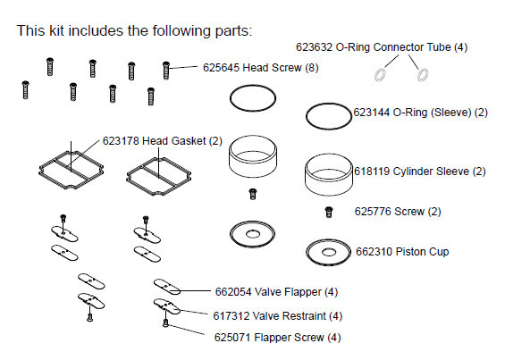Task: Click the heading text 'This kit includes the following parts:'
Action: pyautogui.click(x=134, y=30)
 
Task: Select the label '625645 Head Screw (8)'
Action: pyautogui.click(x=258, y=67)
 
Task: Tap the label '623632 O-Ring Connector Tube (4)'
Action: pyautogui.click(x=382, y=46)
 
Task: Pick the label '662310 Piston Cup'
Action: pyautogui.click(x=401, y=252)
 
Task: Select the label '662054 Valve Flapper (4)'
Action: pyautogui.click(x=276, y=291)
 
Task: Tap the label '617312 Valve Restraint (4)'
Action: pyautogui.click(x=277, y=314)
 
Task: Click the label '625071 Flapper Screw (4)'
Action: pyautogui.click(x=277, y=338)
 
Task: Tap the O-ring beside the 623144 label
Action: pyautogui.click(x=328, y=115)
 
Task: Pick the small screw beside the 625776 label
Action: pyautogui.click(x=329, y=211)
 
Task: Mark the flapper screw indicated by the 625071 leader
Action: pyautogui.click(x=165, y=323)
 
